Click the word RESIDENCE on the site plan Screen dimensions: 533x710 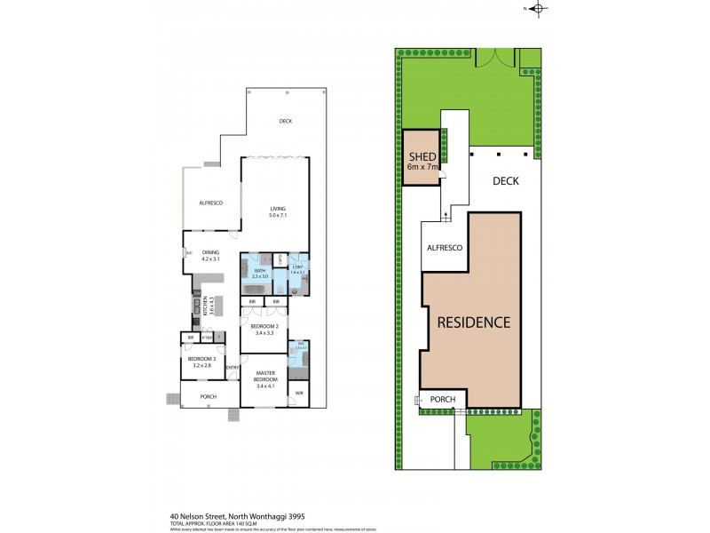click(474, 322)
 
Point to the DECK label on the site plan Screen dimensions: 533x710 click(505, 180)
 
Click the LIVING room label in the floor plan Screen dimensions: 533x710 click(280, 209)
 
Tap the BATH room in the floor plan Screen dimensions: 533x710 click(260, 274)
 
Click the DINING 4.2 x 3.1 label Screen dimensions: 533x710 click(209, 254)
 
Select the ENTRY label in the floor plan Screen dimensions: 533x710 click(232, 367)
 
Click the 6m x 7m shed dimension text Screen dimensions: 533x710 click(422, 167)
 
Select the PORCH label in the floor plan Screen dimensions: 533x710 click(209, 396)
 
